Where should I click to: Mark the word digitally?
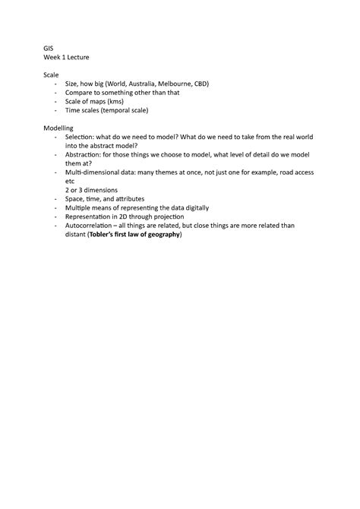click(194, 207)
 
